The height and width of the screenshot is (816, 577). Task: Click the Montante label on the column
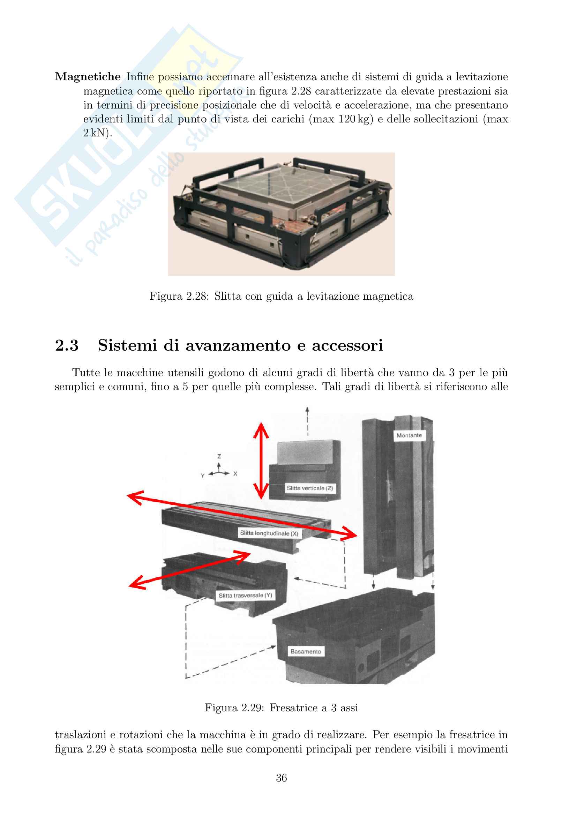coord(409,435)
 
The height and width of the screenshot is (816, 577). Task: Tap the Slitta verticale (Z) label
coord(309,488)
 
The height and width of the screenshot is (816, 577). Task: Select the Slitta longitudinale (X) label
coord(269,533)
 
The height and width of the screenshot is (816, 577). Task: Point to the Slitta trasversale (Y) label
coord(245,596)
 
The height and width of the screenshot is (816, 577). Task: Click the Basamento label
coord(306,651)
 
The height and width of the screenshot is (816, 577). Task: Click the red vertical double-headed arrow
coord(261,461)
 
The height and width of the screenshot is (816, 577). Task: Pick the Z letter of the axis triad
coord(219,456)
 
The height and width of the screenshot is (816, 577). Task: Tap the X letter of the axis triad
coord(235,474)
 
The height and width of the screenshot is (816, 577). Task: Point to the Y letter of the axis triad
coord(203,476)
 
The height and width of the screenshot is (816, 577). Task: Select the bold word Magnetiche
coord(88,77)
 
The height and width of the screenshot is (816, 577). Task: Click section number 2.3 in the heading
coord(67,345)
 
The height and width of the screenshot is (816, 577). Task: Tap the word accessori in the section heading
coord(347,345)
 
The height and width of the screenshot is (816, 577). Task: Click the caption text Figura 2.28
coord(179,296)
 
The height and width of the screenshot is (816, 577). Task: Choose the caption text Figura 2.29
coord(234,708)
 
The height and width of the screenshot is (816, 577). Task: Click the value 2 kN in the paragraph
coord(96,133)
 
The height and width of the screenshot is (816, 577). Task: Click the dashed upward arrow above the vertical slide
coord(308,421)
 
